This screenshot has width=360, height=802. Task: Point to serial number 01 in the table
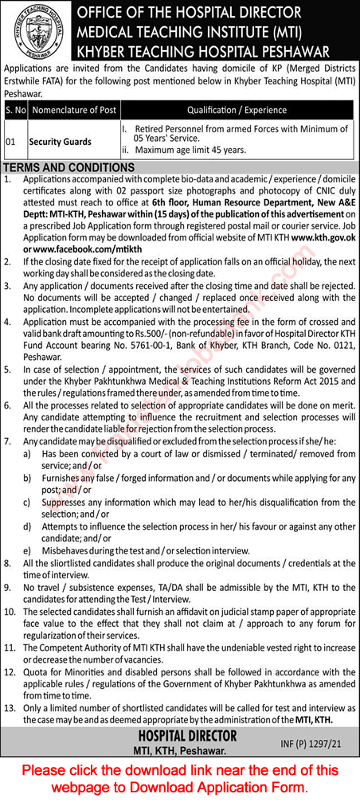coord(10,141)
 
